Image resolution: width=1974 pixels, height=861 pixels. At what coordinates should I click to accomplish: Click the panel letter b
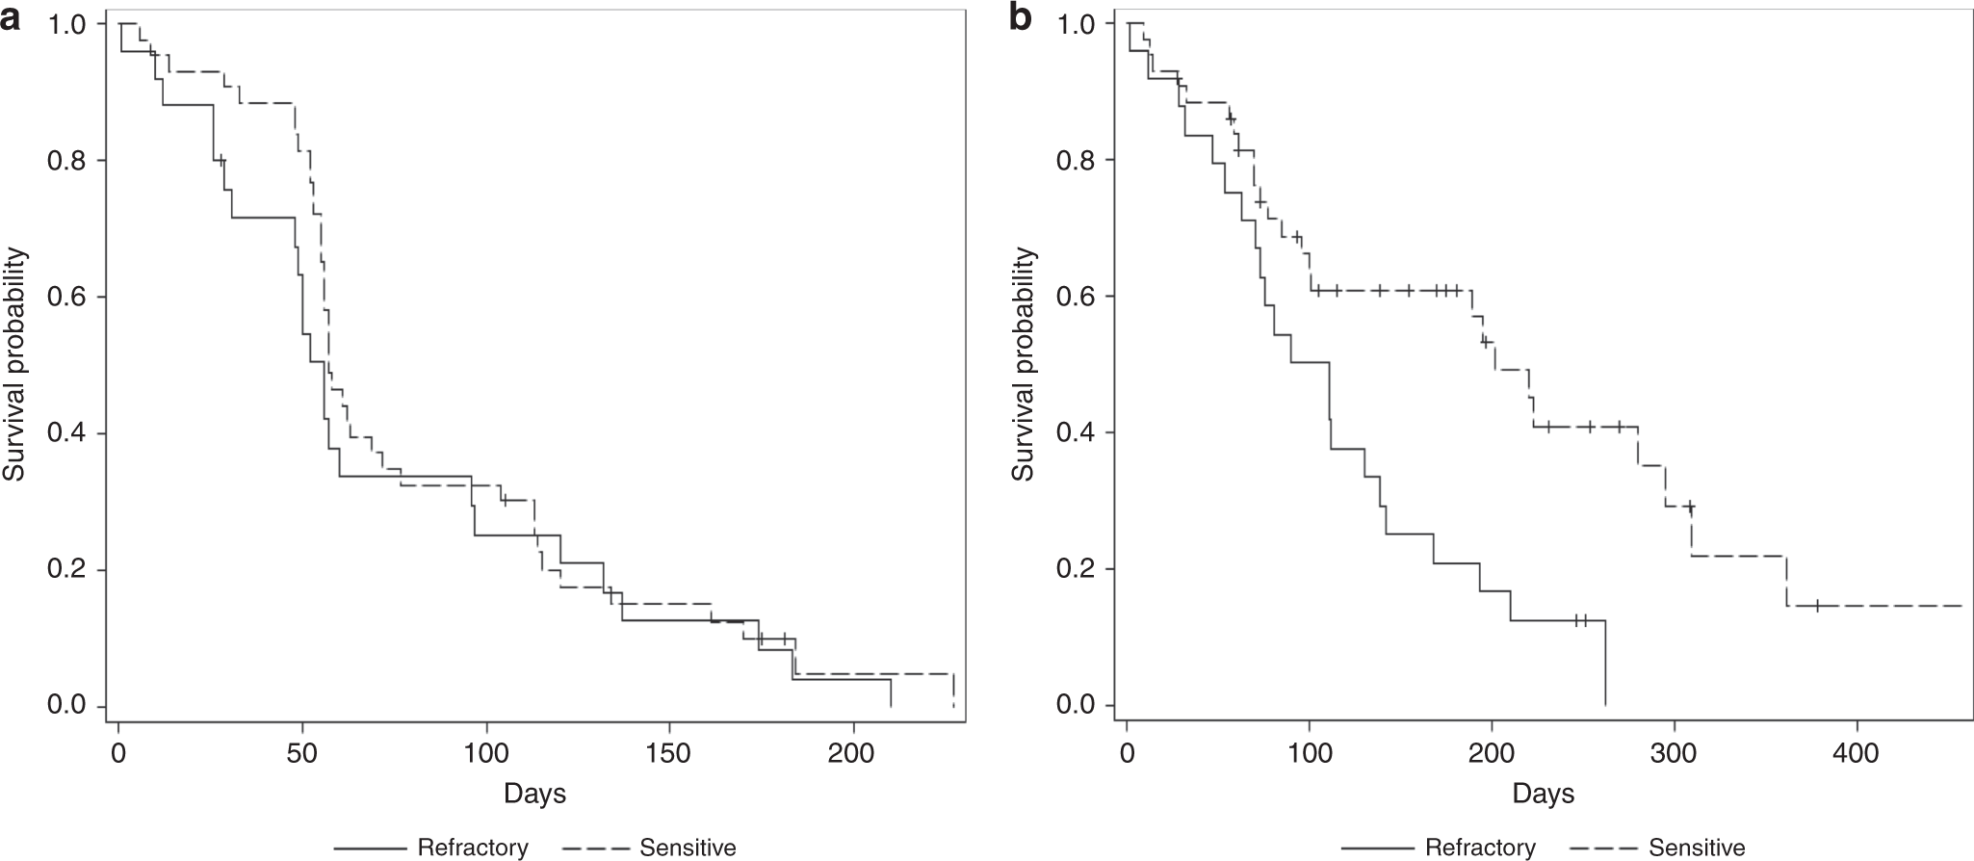point(1021,19)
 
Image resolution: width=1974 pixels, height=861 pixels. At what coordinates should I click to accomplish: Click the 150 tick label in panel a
point(669,752)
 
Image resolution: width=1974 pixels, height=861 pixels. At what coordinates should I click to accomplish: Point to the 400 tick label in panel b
point(1857,752)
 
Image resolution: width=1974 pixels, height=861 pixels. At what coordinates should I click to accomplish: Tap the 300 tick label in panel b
point(1675,752)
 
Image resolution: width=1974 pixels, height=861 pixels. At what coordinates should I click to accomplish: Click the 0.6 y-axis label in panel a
point(67,297)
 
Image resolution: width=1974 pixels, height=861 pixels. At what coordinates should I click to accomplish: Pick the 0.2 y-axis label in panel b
point(1077,569)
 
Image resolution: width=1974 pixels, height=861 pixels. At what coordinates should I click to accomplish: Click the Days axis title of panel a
point(534,794)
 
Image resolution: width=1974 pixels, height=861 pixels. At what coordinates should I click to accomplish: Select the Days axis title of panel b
point(1544,794)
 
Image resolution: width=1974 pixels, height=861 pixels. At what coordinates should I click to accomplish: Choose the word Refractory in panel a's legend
point(473,848)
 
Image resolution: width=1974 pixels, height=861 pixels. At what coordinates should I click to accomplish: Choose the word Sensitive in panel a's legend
point(688,848)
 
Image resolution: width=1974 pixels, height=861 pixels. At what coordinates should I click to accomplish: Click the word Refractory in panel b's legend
point(1481,848)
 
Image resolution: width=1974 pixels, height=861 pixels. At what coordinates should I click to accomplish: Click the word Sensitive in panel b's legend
point(1697,848)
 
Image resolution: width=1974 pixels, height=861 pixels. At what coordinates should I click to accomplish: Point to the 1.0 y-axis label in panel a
point(67,23)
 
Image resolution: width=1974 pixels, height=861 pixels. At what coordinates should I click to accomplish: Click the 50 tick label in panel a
point(302,752)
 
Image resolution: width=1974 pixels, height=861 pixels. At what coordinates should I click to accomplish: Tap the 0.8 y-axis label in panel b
point(1077,160)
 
